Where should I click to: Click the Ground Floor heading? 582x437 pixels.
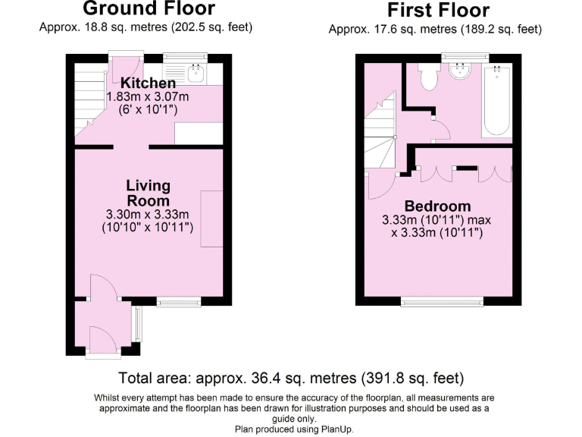(149, 9)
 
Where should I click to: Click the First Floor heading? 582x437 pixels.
(438, 11)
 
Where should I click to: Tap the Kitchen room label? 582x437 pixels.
(149, 83)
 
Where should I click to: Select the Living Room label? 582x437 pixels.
(149, 193)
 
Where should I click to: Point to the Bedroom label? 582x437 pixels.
(437, 206)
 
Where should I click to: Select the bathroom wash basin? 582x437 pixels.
(460, 72)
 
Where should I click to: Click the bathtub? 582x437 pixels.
(496, 100)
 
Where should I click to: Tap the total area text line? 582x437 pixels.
(291, 378)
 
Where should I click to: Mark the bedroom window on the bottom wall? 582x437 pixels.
(442, 302)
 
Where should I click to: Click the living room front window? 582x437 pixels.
(179, 302)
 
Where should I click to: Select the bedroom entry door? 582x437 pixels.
(380, 185)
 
